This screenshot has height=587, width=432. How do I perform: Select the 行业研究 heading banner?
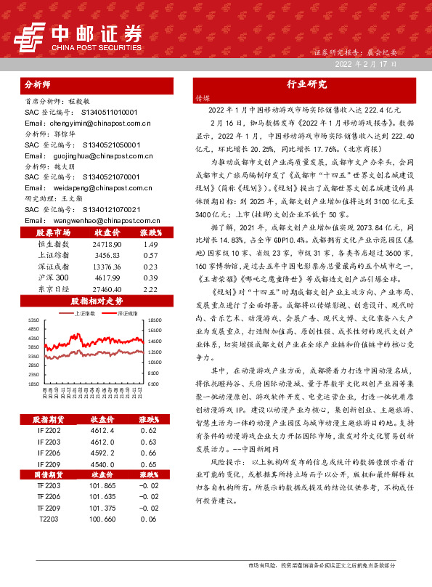click(307, 84)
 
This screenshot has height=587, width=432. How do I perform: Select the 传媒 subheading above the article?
click(202, 97)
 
